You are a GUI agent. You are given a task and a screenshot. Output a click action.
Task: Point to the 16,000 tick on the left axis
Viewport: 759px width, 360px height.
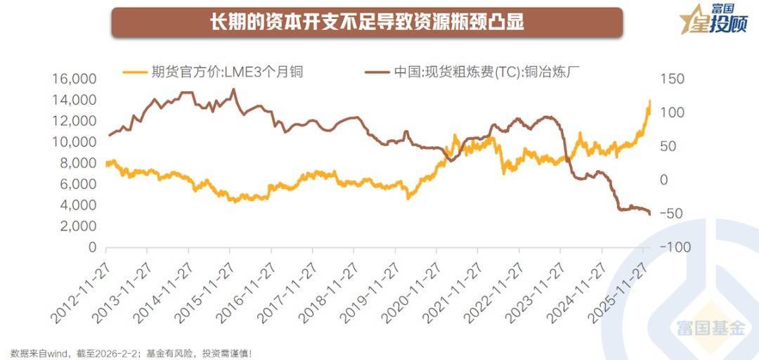pos(74,79)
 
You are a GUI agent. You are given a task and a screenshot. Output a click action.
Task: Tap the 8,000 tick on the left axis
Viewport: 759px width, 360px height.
pos(79,163)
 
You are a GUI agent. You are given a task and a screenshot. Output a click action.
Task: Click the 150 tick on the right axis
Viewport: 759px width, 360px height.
pos(671,79)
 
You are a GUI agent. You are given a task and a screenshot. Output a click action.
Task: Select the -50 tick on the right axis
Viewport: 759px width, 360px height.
pos(671,214)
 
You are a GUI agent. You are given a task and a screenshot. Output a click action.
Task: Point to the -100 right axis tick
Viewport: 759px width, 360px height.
pos(671,247)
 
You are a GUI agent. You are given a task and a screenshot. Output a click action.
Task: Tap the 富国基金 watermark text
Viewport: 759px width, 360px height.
pos(711,328)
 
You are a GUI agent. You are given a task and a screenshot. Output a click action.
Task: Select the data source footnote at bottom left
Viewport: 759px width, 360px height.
pos(131,353)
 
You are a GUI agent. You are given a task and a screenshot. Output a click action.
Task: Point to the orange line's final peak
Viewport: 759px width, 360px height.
pos(650,101)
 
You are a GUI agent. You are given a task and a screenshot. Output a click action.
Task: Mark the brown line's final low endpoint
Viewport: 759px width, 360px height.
pos(650,214)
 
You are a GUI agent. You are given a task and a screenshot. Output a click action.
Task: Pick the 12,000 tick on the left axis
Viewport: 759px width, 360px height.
pos(74,121)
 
